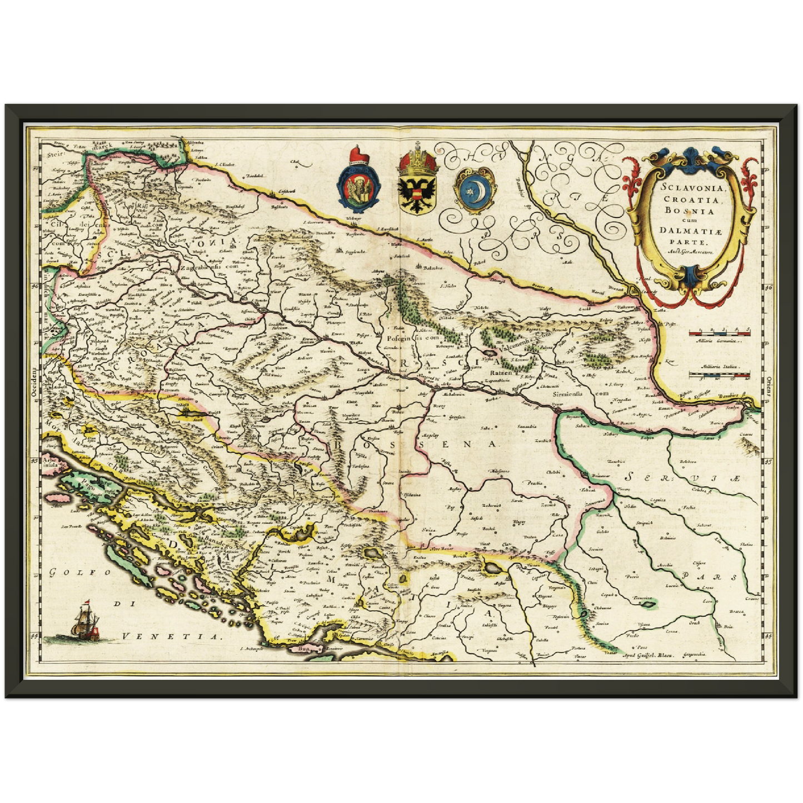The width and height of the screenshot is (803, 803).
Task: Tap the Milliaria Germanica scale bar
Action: pos(719,333)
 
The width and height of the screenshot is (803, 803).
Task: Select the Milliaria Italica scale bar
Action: pos(719,376)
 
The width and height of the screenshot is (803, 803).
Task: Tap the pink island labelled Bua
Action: pos(303,648)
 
